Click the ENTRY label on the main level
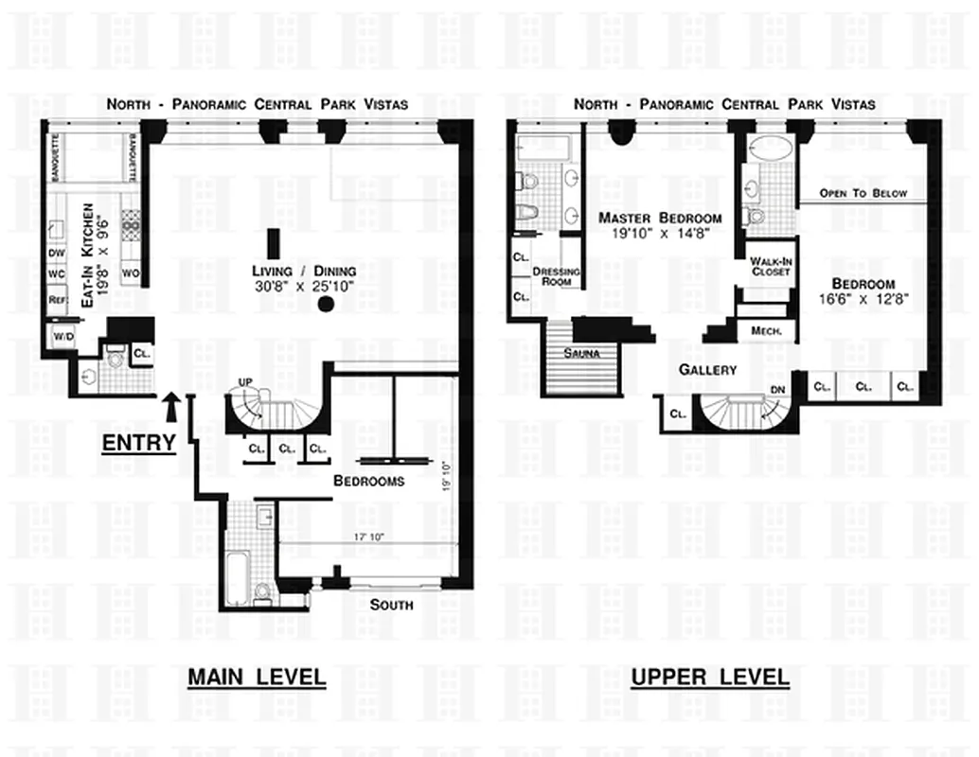pos(138,443)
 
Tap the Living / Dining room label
pos(290,277)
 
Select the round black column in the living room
pos(327,305)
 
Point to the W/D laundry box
pos(63,337)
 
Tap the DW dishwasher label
pos(57,254)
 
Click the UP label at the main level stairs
pos(246,381)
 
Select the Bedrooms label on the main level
pos(368,481)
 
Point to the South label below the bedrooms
pos(391,605)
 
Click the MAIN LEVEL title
pos(256,678)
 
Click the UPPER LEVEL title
pos(709,678)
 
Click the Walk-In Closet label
pos(769,266)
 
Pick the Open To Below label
pos(863,194)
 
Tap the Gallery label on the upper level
pos(707,370)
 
